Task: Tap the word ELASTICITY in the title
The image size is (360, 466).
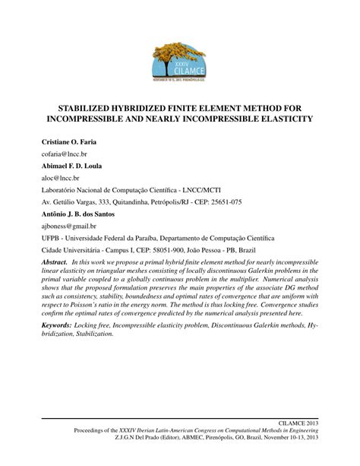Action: coord(280,120)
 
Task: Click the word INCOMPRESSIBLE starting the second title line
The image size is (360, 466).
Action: coord(90,120)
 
